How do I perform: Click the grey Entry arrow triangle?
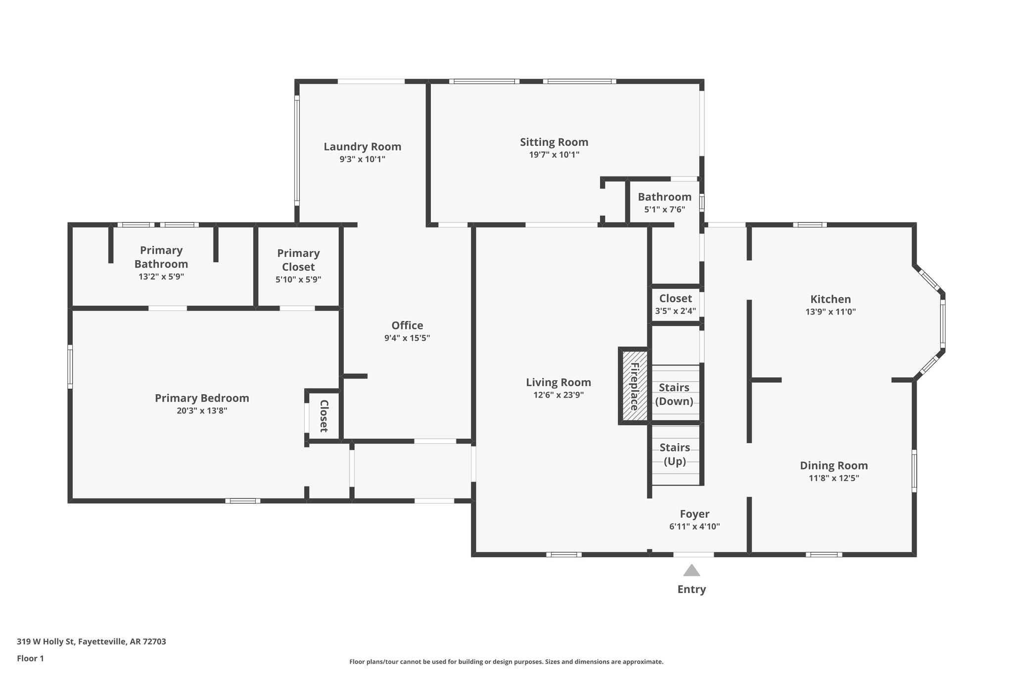691,571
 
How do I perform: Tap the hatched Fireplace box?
634,386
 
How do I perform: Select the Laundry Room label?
362,147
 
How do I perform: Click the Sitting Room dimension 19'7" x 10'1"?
554,155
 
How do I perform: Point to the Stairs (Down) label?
674,394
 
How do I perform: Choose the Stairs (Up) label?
675,454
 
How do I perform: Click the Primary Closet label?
298,260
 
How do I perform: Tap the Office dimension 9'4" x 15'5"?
407,338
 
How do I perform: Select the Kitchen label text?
830,299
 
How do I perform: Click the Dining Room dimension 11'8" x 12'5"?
834,478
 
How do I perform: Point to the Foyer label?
694,514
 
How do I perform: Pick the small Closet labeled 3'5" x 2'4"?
675,304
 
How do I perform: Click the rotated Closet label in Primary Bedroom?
324,416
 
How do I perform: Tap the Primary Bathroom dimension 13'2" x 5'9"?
161,277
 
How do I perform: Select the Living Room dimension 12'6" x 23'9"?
558,395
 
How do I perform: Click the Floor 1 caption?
31,658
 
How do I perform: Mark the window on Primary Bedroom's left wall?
70,366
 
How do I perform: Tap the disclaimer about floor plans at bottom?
506,662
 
